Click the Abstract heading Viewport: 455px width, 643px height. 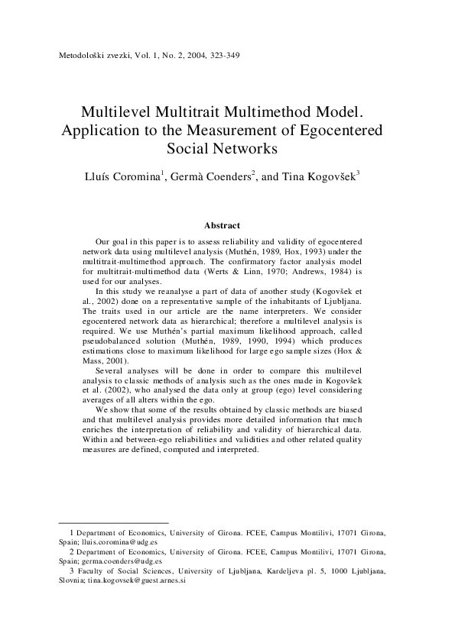pyautogui.click(x=223, y=225)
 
